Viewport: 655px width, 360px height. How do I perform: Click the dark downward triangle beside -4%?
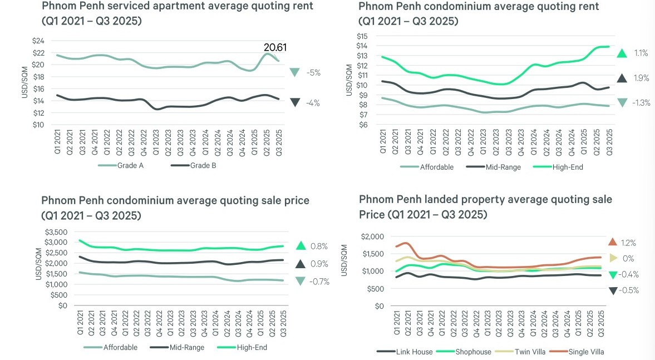click(295, 102)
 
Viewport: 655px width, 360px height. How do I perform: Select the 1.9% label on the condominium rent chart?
click(641, 78)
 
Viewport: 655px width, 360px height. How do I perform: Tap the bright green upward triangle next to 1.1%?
click(622, 53)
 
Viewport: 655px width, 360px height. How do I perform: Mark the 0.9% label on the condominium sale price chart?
click(319, 264)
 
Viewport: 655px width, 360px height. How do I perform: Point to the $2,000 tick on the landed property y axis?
click(372, 236)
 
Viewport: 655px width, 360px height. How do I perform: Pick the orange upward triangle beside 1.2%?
click(613, 242)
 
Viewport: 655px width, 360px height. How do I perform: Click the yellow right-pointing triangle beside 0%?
click(613, 258)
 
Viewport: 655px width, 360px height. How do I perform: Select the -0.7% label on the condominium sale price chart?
click(319, 282)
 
